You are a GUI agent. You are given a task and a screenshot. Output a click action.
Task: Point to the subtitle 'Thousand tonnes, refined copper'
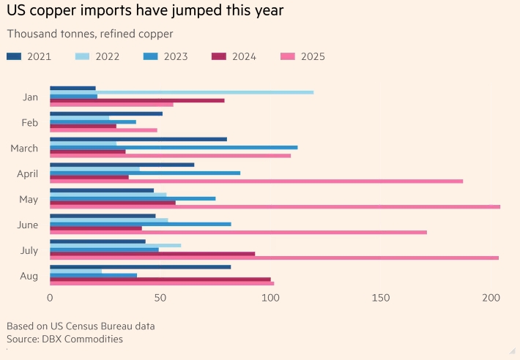90,34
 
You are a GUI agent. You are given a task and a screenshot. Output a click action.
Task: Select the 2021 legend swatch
14,56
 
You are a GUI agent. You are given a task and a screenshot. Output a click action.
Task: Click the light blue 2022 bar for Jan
182,92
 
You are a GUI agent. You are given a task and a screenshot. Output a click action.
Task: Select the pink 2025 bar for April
256,181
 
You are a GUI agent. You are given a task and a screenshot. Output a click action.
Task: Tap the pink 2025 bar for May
275,206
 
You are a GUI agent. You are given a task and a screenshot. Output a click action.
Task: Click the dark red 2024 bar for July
152,253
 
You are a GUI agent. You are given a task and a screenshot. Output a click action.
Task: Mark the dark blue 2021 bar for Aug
140,266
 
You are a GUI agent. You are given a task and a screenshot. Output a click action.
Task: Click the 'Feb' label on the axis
30,122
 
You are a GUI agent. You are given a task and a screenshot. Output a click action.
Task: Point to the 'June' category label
28,225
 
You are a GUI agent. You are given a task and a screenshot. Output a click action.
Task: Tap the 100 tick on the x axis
271,298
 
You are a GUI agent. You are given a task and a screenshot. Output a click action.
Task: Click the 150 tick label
381,298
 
